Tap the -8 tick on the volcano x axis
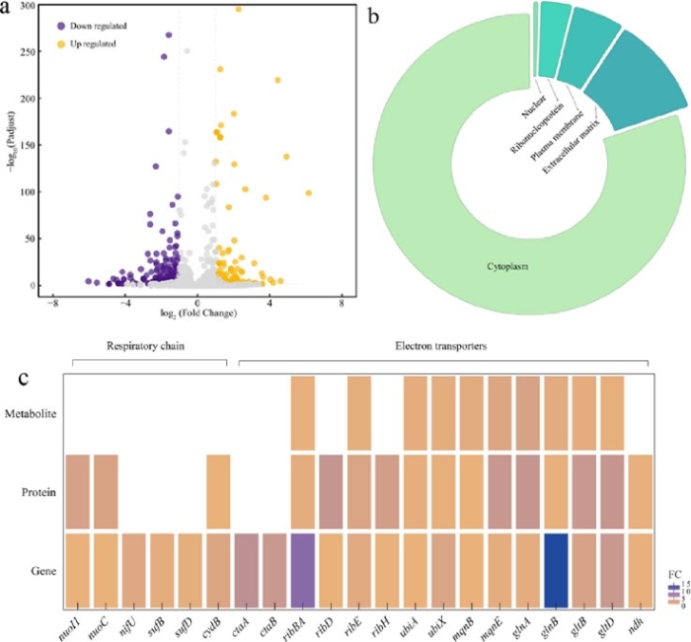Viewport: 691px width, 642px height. pyautogui.click(x=53, y=304)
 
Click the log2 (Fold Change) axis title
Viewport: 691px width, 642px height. pyautogui.click(x=197, y=314)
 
